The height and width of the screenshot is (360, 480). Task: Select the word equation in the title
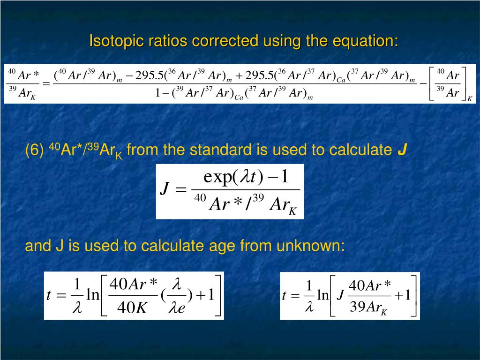point(365,41)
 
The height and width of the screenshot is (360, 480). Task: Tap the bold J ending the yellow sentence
point(402,150)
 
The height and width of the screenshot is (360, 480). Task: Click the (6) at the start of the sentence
point(35,150)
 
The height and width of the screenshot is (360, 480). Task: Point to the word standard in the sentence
point(220,150)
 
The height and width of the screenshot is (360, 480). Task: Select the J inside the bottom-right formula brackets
point(341,296)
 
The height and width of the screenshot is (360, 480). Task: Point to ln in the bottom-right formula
point(323,296)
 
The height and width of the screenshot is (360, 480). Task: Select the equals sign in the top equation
point(46,83)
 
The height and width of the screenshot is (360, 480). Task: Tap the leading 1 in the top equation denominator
point(158,93)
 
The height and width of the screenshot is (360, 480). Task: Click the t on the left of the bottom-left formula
point(49,295)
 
